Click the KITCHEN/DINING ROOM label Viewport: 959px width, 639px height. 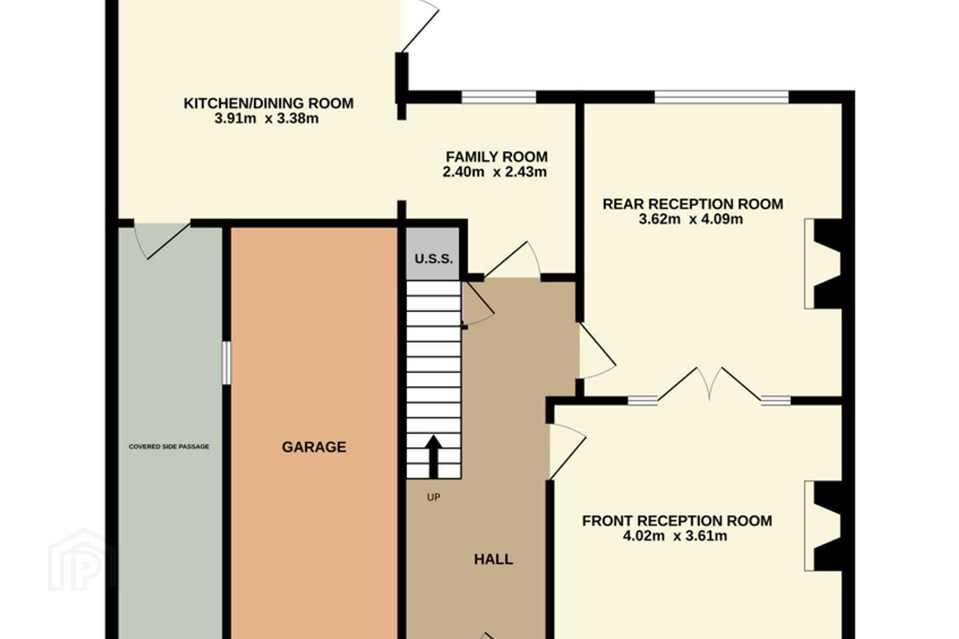point(268,103)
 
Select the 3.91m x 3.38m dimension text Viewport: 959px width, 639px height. point(266,118)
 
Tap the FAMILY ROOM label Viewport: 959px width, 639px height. point(497,156)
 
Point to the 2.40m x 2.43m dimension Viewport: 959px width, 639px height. point(494,172)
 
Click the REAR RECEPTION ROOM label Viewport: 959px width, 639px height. point(693,204)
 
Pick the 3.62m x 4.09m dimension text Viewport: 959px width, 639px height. point(691,219)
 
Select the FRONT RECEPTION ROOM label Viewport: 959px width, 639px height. point(677,521)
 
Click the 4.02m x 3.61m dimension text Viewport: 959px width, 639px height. point(675,536)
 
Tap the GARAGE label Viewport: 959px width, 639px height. point(314,447)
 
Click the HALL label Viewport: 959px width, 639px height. point(493,559)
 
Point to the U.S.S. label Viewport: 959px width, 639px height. point(434,258)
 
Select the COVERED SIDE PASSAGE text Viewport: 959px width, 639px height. point(168,447)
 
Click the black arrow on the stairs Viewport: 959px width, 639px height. point(434,457)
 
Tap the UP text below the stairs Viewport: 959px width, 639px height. point(434,497)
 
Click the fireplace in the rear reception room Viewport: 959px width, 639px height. point(823,264)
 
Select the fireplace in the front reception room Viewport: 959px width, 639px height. point(823,526)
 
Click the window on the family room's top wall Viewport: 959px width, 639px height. point(499,97)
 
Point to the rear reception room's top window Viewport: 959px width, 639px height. point(721,97)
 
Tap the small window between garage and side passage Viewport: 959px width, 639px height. point(226,363)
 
